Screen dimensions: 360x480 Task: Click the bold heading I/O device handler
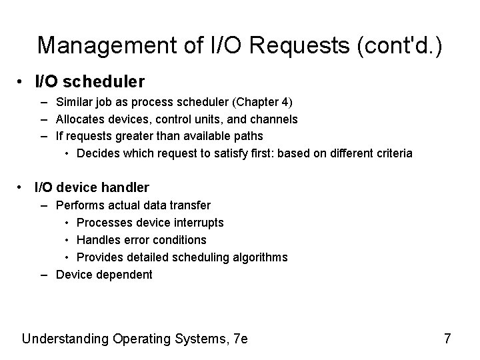click(x=92, y=187)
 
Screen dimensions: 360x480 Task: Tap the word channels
click(x=273, y=119)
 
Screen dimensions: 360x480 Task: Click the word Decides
click(x=97, y=153)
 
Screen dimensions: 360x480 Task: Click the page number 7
click(x=447, y=339)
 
